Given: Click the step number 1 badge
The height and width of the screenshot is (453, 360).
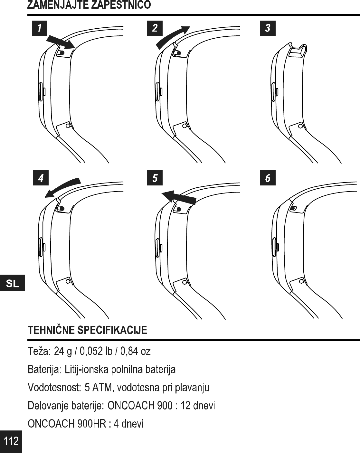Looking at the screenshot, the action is [x=39, y=28].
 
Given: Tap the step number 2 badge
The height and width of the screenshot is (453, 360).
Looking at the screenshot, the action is [x=155, y=28].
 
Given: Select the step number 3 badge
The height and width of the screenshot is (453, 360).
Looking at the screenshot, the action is [x=268, y=28].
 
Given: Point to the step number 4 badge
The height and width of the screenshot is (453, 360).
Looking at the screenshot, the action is [x=41, y=178].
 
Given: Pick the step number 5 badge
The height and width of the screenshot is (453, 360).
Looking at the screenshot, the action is [x=155, y=178].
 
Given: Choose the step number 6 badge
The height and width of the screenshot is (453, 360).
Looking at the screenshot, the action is [x=268, y=178].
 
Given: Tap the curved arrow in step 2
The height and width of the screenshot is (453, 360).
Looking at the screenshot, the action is [x=172, y=36].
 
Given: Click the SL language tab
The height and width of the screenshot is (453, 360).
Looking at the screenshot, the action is [x=12, y=284].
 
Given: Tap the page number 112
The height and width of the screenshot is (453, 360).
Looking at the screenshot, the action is [x=11, y=441].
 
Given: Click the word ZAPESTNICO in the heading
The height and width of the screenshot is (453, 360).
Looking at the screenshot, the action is [x=121, y=5].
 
